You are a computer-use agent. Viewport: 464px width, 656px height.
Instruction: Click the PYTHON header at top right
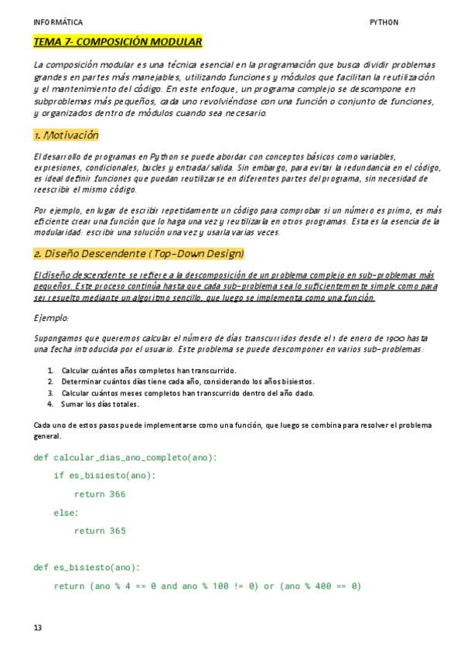[x=384, y=22]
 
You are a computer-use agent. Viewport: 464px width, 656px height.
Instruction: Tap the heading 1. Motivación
[x=67, y=135]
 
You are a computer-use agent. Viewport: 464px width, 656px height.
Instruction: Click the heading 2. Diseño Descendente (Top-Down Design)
[x=139, y=253]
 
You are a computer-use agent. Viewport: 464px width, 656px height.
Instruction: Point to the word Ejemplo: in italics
[x=52, y=318]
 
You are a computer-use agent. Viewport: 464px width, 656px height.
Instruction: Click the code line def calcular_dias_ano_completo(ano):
[x=126, y=457]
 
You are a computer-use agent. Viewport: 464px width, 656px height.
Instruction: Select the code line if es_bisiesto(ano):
[x=104, y=475]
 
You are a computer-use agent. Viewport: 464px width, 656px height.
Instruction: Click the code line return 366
[x=100, y=494]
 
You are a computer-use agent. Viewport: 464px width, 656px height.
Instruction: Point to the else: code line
[x=67, y=512]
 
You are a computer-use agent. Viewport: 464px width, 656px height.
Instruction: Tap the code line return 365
[x=100, y=531]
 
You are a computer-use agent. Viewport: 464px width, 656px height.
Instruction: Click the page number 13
[x=38, y=627]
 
